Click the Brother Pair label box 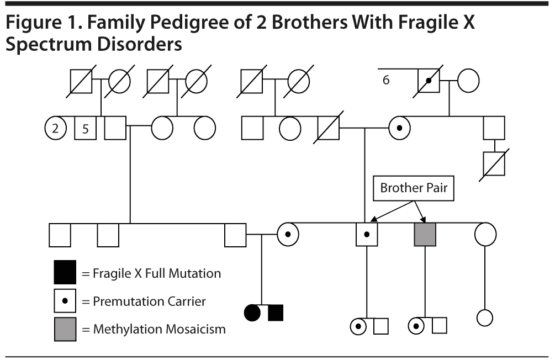(x=413, y=188)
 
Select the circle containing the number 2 (x=55, y=129)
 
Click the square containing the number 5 (x=84, y=129)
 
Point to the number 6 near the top (x=386, y=80)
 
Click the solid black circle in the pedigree (x=252, y=313)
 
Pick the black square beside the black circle (x=275, y=313)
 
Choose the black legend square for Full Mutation (x=65, y=273)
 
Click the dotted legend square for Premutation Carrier (x=65, y=301)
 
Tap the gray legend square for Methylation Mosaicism (x=65, y=329)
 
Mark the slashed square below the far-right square (x=494, y=164)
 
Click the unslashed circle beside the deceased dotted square (x=468, y=81)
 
